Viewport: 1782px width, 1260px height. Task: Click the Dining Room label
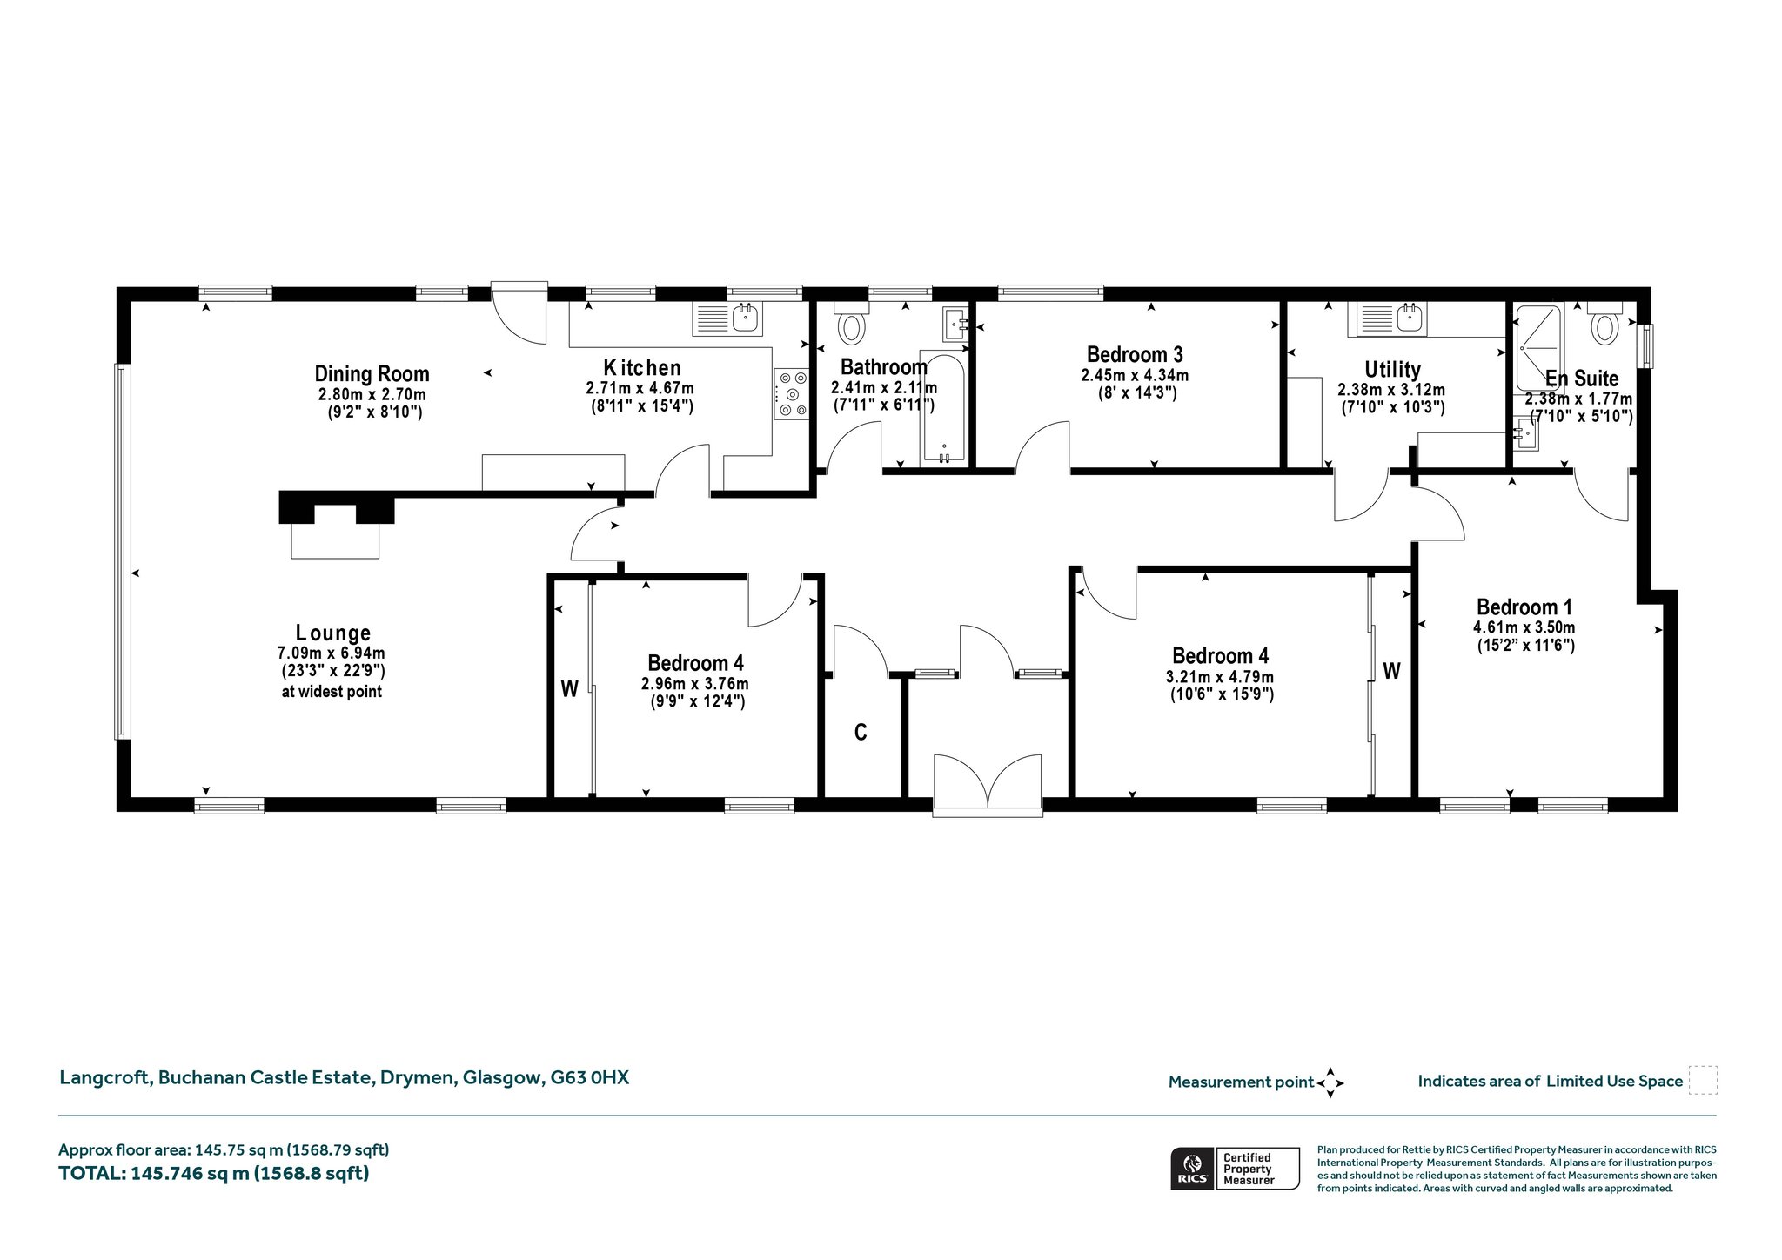click(372, 374)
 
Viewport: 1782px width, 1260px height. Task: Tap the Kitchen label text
click(642, 367)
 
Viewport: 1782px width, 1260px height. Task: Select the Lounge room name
click(333, 633)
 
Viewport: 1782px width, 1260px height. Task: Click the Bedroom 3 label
click(1135, 354)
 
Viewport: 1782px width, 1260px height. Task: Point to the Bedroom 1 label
click(1524, 607)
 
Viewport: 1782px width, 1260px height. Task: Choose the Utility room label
click(1392, 369)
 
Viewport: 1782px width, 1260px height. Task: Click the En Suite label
click(1582, 378)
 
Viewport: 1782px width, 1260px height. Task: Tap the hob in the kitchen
click(792, 393)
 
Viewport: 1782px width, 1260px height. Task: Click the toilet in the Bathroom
click(851, 322)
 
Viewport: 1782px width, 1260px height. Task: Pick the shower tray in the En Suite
click(1539, 347)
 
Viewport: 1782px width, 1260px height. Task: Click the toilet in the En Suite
click(1604, 322)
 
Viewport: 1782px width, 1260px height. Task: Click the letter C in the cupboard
click(861, 733)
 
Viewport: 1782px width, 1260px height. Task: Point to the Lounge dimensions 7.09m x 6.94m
click(332, 653)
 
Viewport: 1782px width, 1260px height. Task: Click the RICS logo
click(1192, 1169)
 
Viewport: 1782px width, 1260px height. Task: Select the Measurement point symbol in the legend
click(1330, 1082)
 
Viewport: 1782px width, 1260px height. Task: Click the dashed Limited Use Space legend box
click(1703, 1080)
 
